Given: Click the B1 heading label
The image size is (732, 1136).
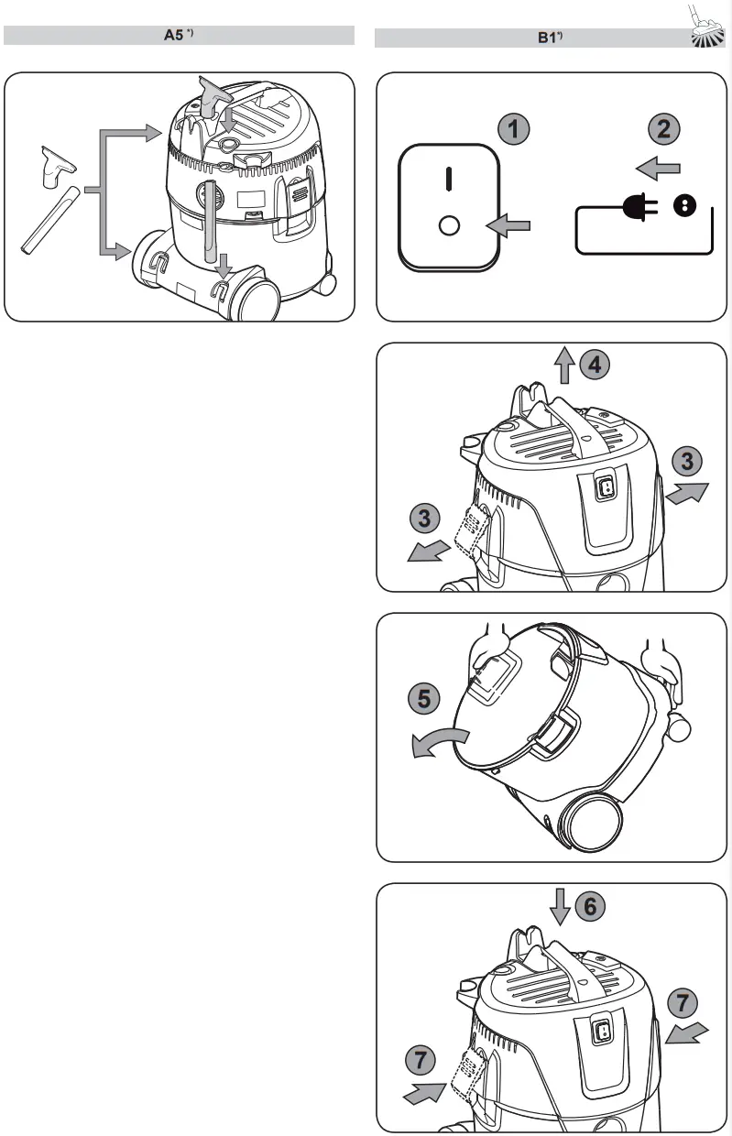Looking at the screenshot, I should pyautogui.click(x=550, y=38).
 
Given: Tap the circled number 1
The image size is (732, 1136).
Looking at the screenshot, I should pyautogui.click(x=514, y=129).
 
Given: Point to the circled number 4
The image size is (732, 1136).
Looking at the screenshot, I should pyautogui.click(x=595, y=366).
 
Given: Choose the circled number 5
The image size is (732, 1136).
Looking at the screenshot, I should pyautogui.click(x=422, y=700).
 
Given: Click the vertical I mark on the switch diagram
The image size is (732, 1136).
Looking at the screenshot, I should pyautogui.click(x=448, y=178).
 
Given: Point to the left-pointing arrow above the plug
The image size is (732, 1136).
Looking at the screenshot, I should pyautogui.click(x=659, y=168).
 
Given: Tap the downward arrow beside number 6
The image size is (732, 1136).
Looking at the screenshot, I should pyautogui.click(x=560, y=908).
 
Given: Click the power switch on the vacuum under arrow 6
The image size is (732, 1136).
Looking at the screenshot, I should pyautogui.click(x=602, y=1032).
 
